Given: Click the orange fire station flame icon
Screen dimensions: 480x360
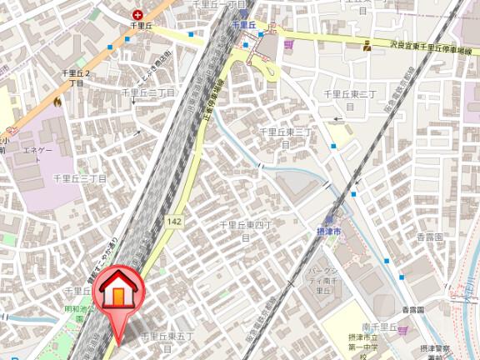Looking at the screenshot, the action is point(57,101).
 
